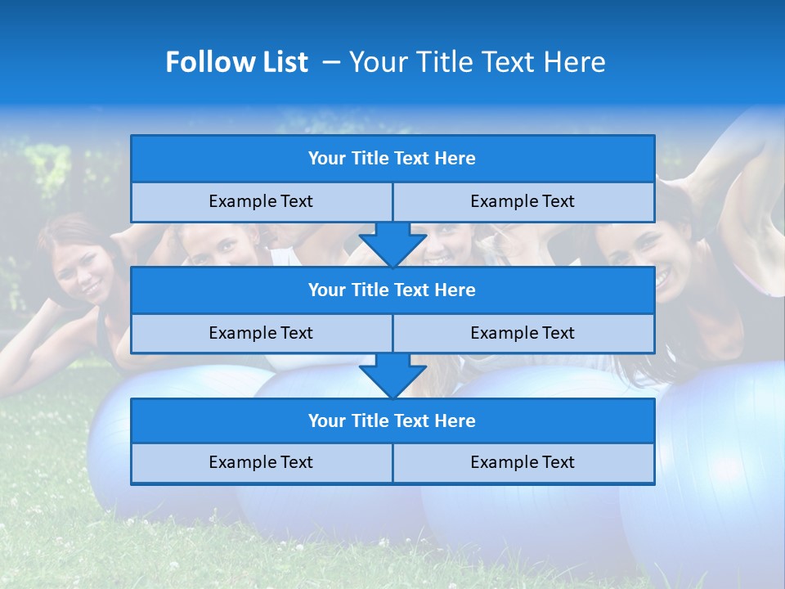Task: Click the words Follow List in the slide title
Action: point(236,62)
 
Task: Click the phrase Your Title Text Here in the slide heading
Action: point(477,62)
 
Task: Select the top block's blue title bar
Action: point(392,159)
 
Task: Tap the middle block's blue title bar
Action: point(392,290)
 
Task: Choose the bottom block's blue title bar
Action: point(392,421)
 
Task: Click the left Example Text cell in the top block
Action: point(261,202)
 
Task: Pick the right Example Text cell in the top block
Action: point(523,202)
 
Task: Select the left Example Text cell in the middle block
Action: point(261,334)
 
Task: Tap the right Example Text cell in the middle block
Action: point(523,334)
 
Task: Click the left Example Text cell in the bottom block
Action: point(261,463)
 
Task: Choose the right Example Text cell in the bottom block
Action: point(523,463)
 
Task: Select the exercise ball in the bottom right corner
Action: point(711,483)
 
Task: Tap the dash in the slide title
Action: point(332,62)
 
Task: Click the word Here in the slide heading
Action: point(576,62)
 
